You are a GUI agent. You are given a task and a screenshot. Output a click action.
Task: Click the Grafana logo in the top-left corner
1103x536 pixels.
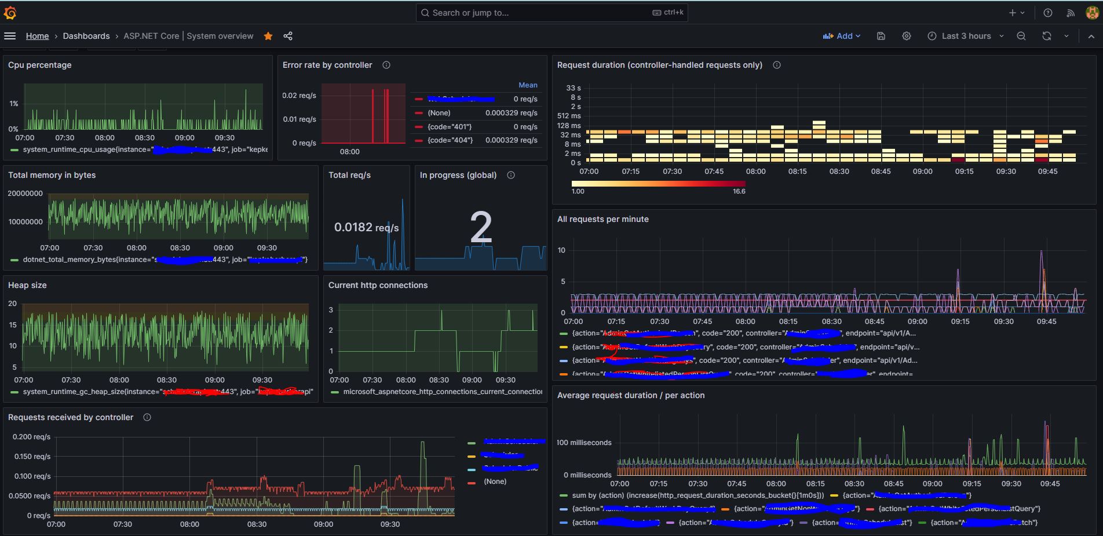[10, 13]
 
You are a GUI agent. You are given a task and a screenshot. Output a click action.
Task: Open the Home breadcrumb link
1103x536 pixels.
[37, 36]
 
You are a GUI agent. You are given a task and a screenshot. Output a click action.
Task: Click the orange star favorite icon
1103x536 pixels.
[268, 36]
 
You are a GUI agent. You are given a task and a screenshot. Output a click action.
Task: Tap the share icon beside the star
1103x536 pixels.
[288, 36]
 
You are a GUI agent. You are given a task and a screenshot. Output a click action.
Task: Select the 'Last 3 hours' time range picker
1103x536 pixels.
[966, 36]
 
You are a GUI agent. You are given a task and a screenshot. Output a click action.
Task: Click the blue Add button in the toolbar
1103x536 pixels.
[841, 36]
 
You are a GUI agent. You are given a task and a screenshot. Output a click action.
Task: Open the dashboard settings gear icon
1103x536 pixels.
[907, 36]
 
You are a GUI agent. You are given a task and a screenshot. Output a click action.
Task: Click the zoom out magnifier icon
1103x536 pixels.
[1021, 36]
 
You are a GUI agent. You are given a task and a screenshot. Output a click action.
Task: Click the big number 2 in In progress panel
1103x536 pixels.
[481, 228]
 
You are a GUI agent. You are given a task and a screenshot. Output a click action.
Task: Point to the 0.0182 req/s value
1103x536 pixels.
[366, 227]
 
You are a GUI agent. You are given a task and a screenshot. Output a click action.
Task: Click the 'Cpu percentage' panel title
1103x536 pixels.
[40, 65]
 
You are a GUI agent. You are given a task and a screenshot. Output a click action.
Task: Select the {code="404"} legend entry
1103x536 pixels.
[450, 140]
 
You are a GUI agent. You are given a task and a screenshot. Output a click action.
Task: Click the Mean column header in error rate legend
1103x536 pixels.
[528, 85]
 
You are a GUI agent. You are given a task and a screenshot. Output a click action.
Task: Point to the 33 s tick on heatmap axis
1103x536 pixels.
[573, 88]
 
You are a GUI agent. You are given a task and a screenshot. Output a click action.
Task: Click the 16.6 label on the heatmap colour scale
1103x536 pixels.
[739, 191]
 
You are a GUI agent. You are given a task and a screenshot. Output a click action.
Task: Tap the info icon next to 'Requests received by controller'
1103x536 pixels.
[147, 417]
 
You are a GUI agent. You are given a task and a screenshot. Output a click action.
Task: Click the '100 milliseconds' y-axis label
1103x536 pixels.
[584, 443]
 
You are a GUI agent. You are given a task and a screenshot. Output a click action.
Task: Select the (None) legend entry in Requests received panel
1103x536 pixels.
[495, 482]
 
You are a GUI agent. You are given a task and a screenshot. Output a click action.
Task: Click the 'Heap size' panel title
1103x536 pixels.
[27, 285]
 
